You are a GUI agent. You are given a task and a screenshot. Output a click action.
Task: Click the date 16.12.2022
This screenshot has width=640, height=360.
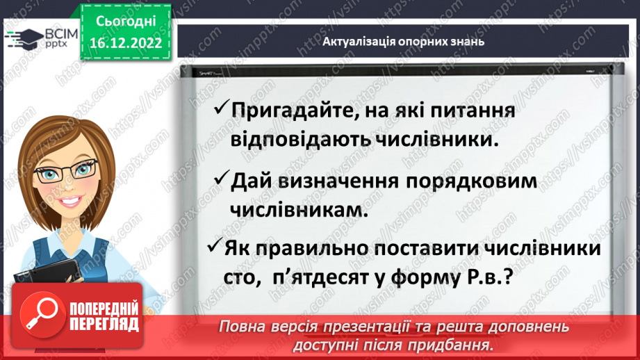click(126, 43)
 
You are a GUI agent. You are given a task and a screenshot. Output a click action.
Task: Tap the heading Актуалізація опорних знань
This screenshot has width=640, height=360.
click(403, 41)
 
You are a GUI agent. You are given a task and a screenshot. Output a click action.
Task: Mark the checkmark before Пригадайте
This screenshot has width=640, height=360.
click(222, 108)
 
